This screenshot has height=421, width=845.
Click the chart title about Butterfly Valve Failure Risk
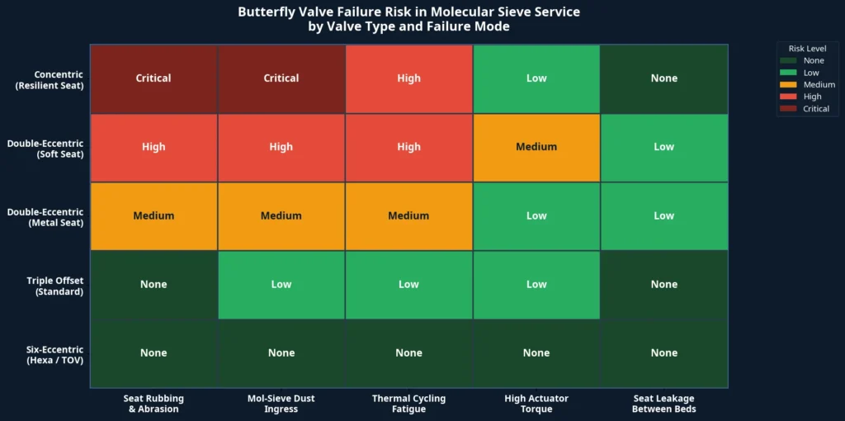[408, 19]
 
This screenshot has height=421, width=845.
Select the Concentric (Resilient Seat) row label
[49, 79]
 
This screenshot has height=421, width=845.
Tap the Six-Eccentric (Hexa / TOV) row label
[49, 354]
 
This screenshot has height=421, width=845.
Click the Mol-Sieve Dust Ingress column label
[281, 404]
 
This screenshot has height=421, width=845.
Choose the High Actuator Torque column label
[536, 404]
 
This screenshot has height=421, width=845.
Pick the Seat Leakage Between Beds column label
[663, 404]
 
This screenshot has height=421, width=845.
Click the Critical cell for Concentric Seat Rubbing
[153, 78]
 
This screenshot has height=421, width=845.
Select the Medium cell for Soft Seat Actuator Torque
[536, 147]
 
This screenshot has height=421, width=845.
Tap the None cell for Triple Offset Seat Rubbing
[153, 284]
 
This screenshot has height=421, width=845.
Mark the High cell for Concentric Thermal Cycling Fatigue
[408, 78]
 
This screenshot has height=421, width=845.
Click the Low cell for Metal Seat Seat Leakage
[663, 215]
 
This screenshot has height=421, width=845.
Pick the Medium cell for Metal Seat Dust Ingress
[281, 215]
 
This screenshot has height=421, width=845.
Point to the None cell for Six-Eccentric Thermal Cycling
[408, 352]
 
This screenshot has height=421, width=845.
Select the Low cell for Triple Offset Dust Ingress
[281, 284]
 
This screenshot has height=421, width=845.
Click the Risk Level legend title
[807, 49]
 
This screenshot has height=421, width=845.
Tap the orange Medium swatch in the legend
[790, 84]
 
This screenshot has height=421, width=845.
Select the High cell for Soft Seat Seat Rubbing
[153, 147]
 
